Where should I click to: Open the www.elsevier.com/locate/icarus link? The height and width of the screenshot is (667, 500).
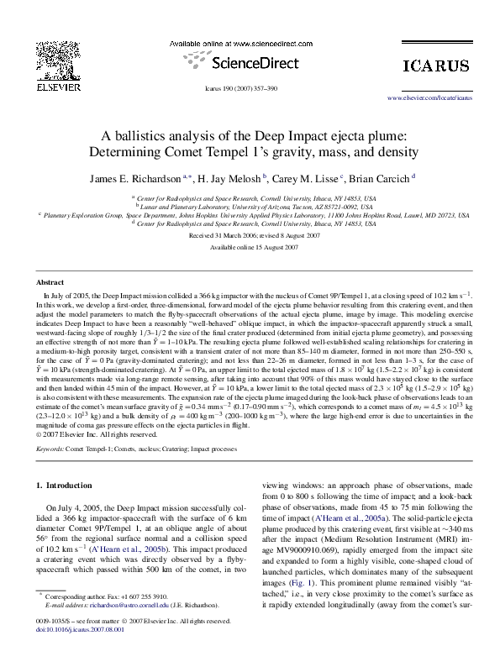(429, 98)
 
